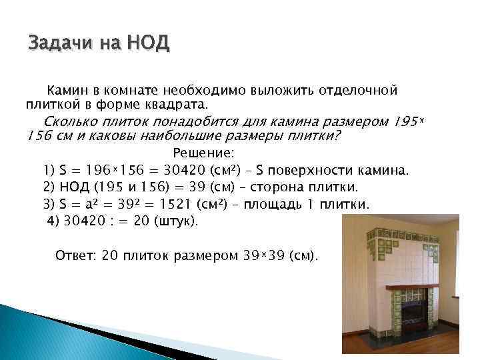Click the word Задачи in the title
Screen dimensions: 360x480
click(x=61, y=44)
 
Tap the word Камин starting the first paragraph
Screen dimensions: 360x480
click(x=65, y=89)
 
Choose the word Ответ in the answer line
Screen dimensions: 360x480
click(x=75, y=255)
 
